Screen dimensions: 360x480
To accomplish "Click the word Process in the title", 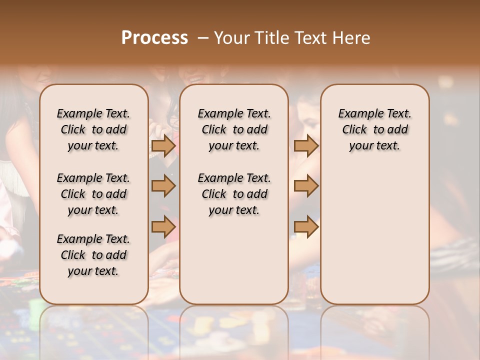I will [154, 37].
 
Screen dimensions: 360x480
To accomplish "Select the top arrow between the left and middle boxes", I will [163, 146].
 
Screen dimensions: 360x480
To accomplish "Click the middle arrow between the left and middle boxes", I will [163, 186].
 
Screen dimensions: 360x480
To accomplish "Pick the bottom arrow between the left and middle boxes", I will [163, 226].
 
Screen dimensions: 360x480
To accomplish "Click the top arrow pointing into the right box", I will [306, 146].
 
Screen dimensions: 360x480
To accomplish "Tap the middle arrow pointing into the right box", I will [306, 186].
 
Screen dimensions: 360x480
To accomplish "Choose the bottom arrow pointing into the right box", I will [306, 226].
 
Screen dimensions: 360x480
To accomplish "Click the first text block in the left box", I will [93, 129].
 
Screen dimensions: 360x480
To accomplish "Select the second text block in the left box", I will [93, 194].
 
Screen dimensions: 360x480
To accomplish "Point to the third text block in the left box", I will [93, 255].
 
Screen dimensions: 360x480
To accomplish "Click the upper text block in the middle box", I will [234, 129].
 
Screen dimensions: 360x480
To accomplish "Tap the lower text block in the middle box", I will [234, 194].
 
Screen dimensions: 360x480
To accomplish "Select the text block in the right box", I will [375, 129].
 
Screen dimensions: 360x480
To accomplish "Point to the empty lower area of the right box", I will [375, 230].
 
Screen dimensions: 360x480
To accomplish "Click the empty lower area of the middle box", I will [234, 260].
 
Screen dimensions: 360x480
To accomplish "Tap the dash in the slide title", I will [202, 37].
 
